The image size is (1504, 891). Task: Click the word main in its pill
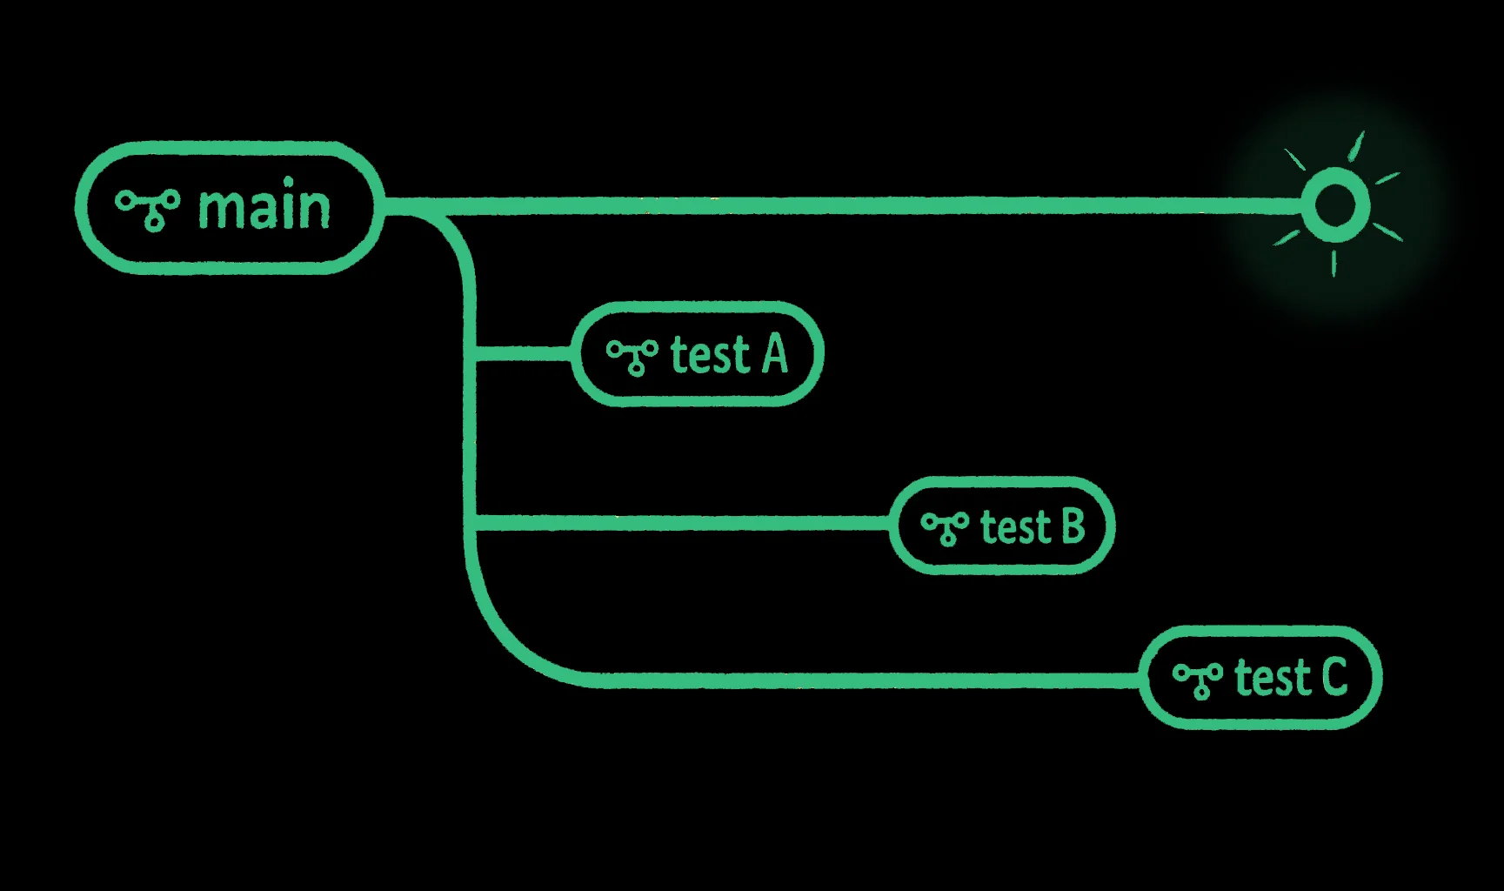(264, 208)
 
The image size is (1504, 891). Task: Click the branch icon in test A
(632, 356)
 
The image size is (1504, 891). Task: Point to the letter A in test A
(775, 354)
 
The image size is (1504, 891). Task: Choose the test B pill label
(1002, 526)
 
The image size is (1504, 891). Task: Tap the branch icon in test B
(945, 527)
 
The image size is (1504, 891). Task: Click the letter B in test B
(1073, 526)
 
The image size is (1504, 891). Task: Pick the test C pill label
(1260, 677)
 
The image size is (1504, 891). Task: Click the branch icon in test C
(1198, 679)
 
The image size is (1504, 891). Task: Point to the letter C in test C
(1334, 677)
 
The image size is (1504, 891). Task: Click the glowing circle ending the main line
(1335, 206)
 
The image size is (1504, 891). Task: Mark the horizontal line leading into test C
(870, 680)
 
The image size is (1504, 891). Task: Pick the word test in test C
(1273, 678)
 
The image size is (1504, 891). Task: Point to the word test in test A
(710, 355)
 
